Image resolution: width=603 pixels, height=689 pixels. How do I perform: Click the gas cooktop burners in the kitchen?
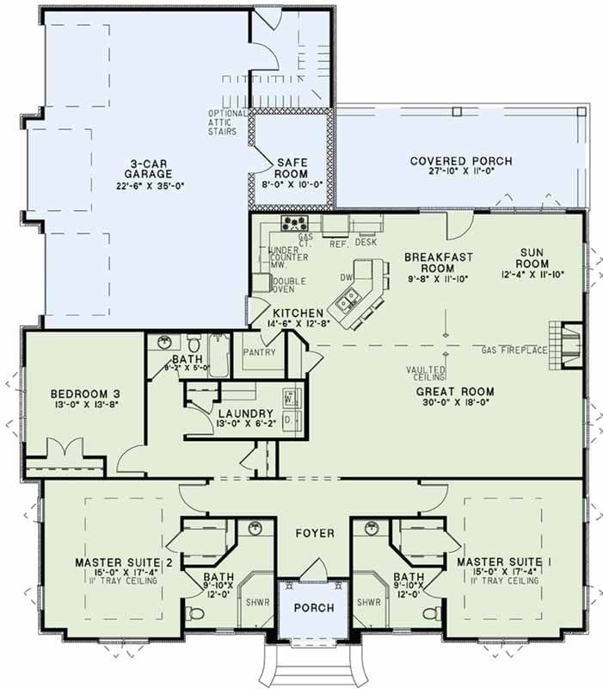pyautogui.click(x=297, y=225)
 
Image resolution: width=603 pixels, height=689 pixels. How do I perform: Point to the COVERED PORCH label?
pyautogui.click(x=460, y=161)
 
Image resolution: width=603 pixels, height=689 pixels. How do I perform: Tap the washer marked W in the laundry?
pyautogui.click(x=290, y=398)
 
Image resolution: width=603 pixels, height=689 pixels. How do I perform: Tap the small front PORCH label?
pyautogui.click(x=313, y=608)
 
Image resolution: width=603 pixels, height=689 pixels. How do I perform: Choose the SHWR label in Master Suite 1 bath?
pyautogui.click(x=369, y=602)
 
